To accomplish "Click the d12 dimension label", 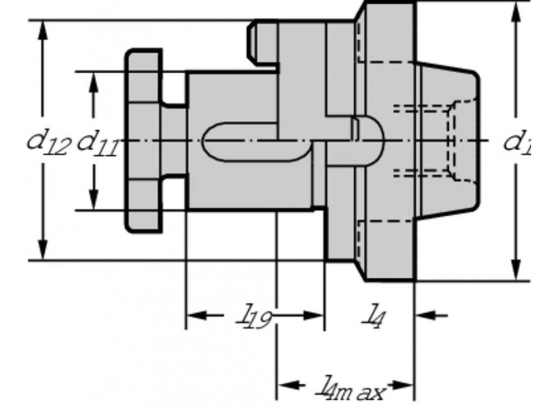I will (x=49, y=142).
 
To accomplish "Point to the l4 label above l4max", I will (x=374, y=317).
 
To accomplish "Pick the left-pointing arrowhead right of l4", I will (x=424, y=315).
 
